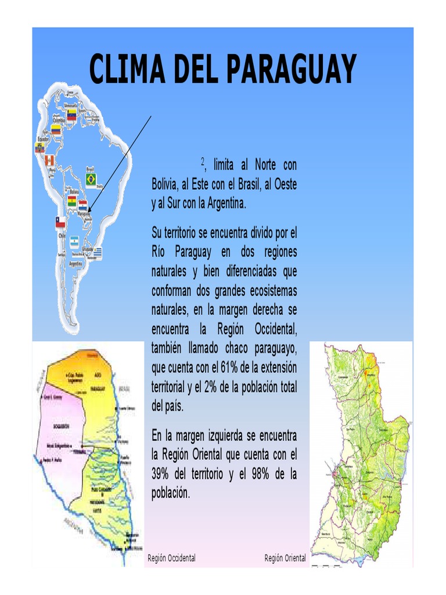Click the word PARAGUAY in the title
(x=290, y=70)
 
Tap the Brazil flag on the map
(x=91, y=180)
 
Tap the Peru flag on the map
(x=49, y=160)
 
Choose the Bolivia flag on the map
(x=71, y=202)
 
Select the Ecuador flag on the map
(x=39, y=148)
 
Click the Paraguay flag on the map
(x=83, y=205)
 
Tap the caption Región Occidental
(x=171, y=558)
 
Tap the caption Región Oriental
(x=285, y=558)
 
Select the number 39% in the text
(x=160, y=474)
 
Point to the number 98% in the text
(x=261, y=474)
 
